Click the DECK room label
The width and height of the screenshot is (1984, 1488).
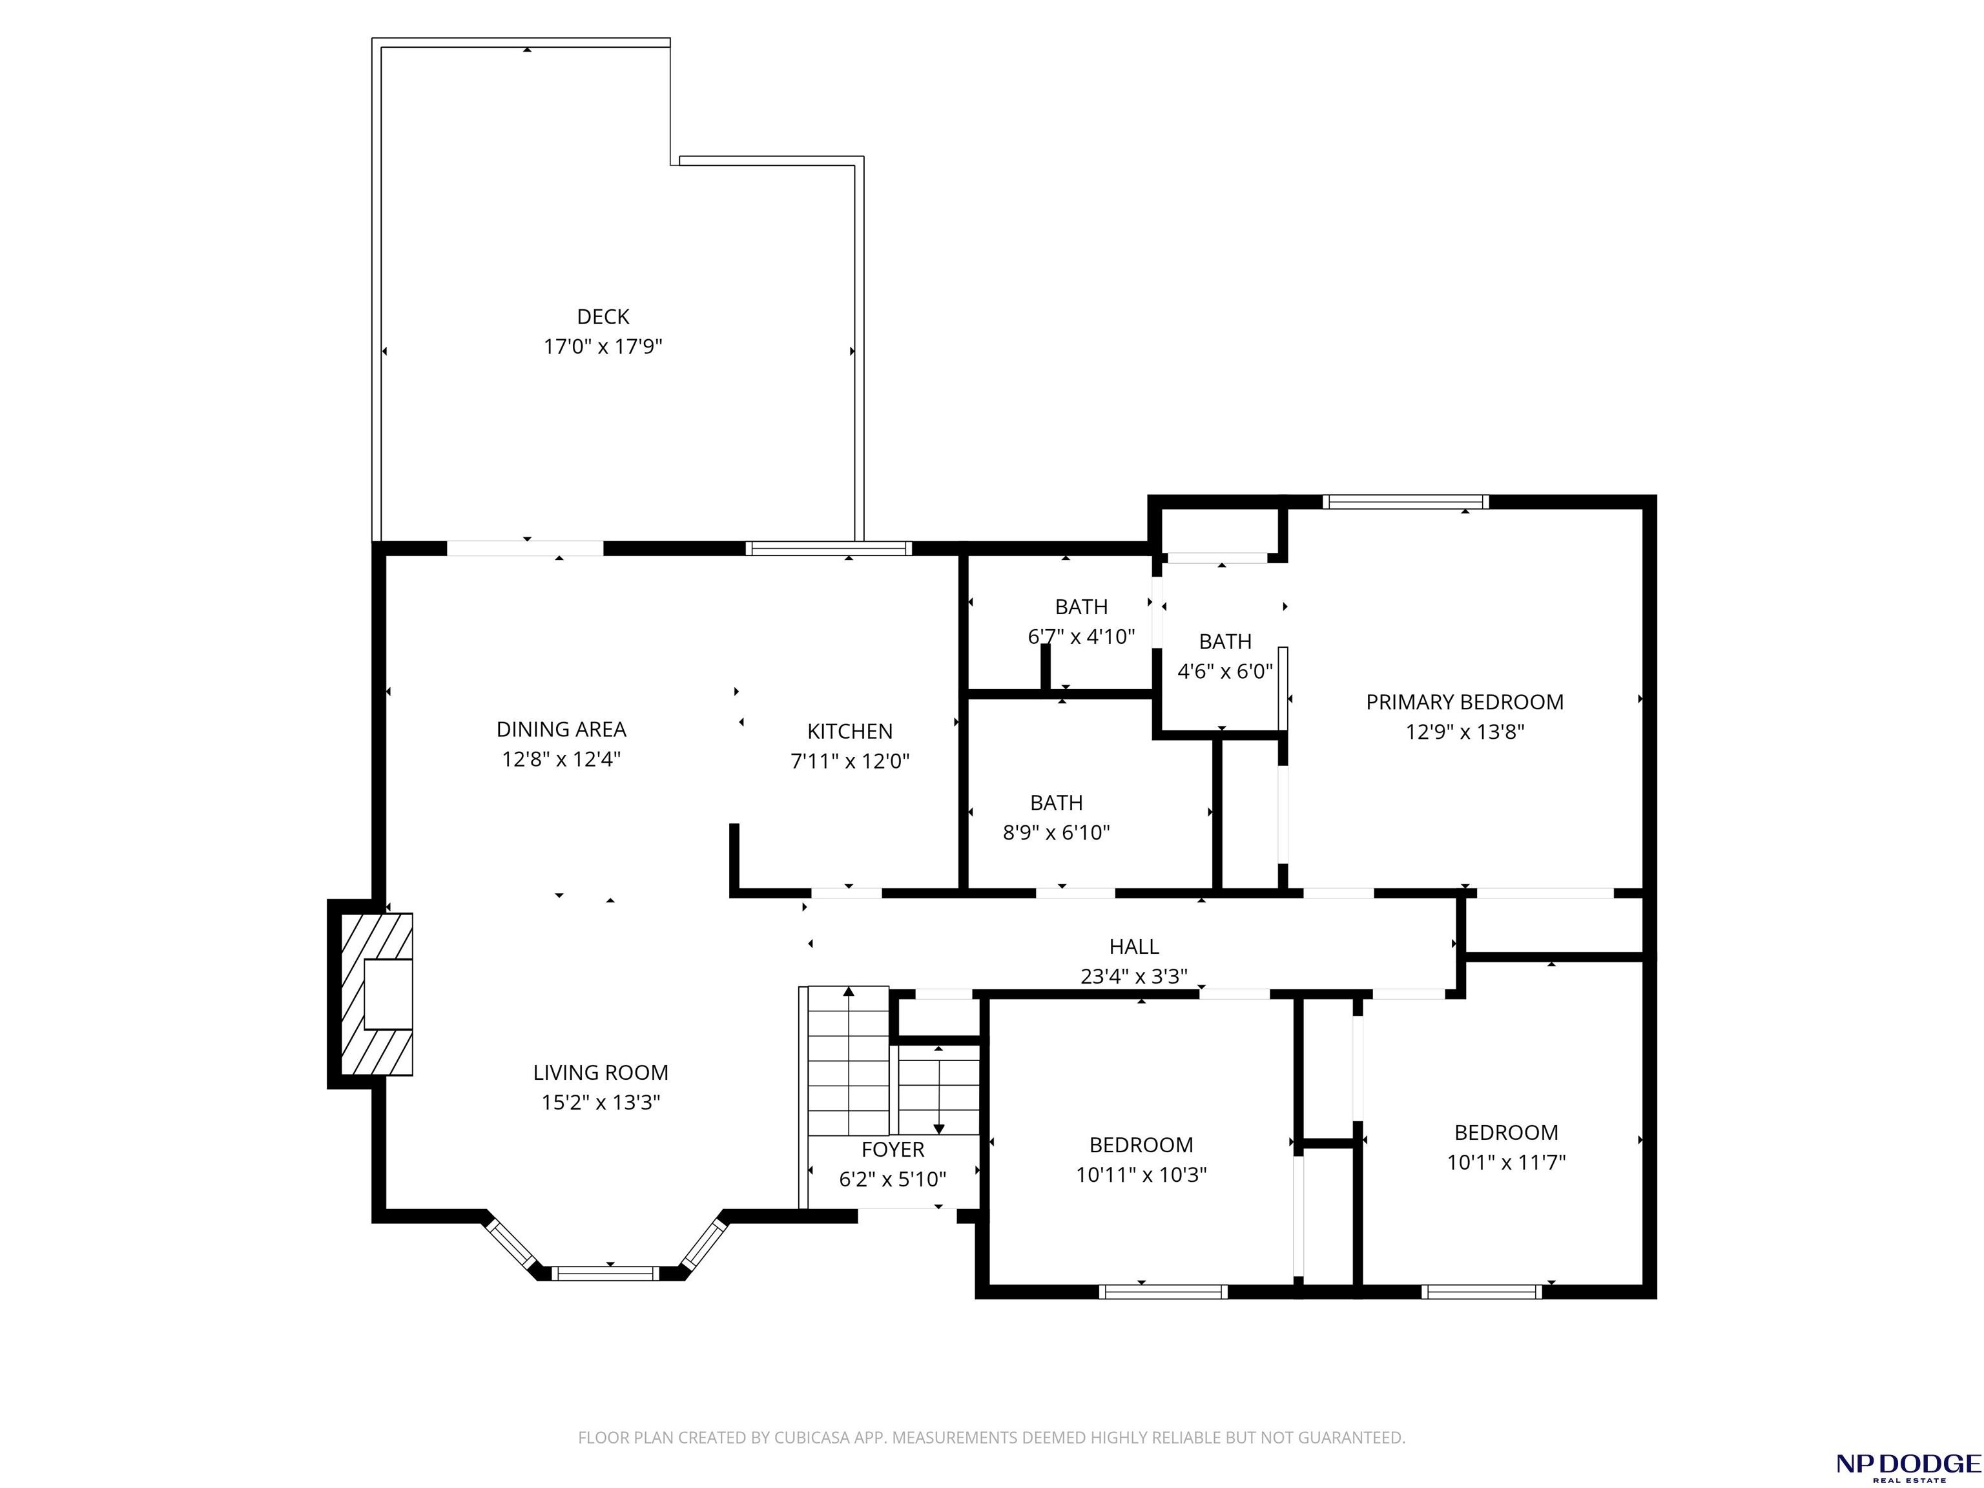click(x=603, y=316)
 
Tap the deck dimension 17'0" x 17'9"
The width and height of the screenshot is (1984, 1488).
click(x=603, y=346)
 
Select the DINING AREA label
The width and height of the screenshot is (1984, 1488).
click(x=561, y=729)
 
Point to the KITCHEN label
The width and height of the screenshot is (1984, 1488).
click(x=849, y=731)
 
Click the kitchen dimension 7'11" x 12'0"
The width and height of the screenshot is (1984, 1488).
click(x=849, y=761)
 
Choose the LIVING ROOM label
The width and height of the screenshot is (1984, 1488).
click(x=601, y=1072)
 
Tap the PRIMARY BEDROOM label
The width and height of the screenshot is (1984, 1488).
click(x=1465, y=702)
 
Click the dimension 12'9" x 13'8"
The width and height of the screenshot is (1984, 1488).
click(x=1465, y=732)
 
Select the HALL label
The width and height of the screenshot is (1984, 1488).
click(x=1133, y=946)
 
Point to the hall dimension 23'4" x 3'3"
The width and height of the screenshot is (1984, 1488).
click(x=1133, y=976)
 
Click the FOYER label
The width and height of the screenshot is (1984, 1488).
click(x=893, y=1149)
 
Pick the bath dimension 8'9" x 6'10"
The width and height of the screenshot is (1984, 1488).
click(x=1056, y=832)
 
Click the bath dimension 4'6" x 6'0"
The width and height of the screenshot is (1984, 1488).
click(x=1224, y=671)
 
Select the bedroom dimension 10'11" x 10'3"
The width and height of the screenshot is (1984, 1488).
click(x=1141, y=1174)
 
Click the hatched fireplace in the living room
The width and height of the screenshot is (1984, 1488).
click(x=377, y=994)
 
